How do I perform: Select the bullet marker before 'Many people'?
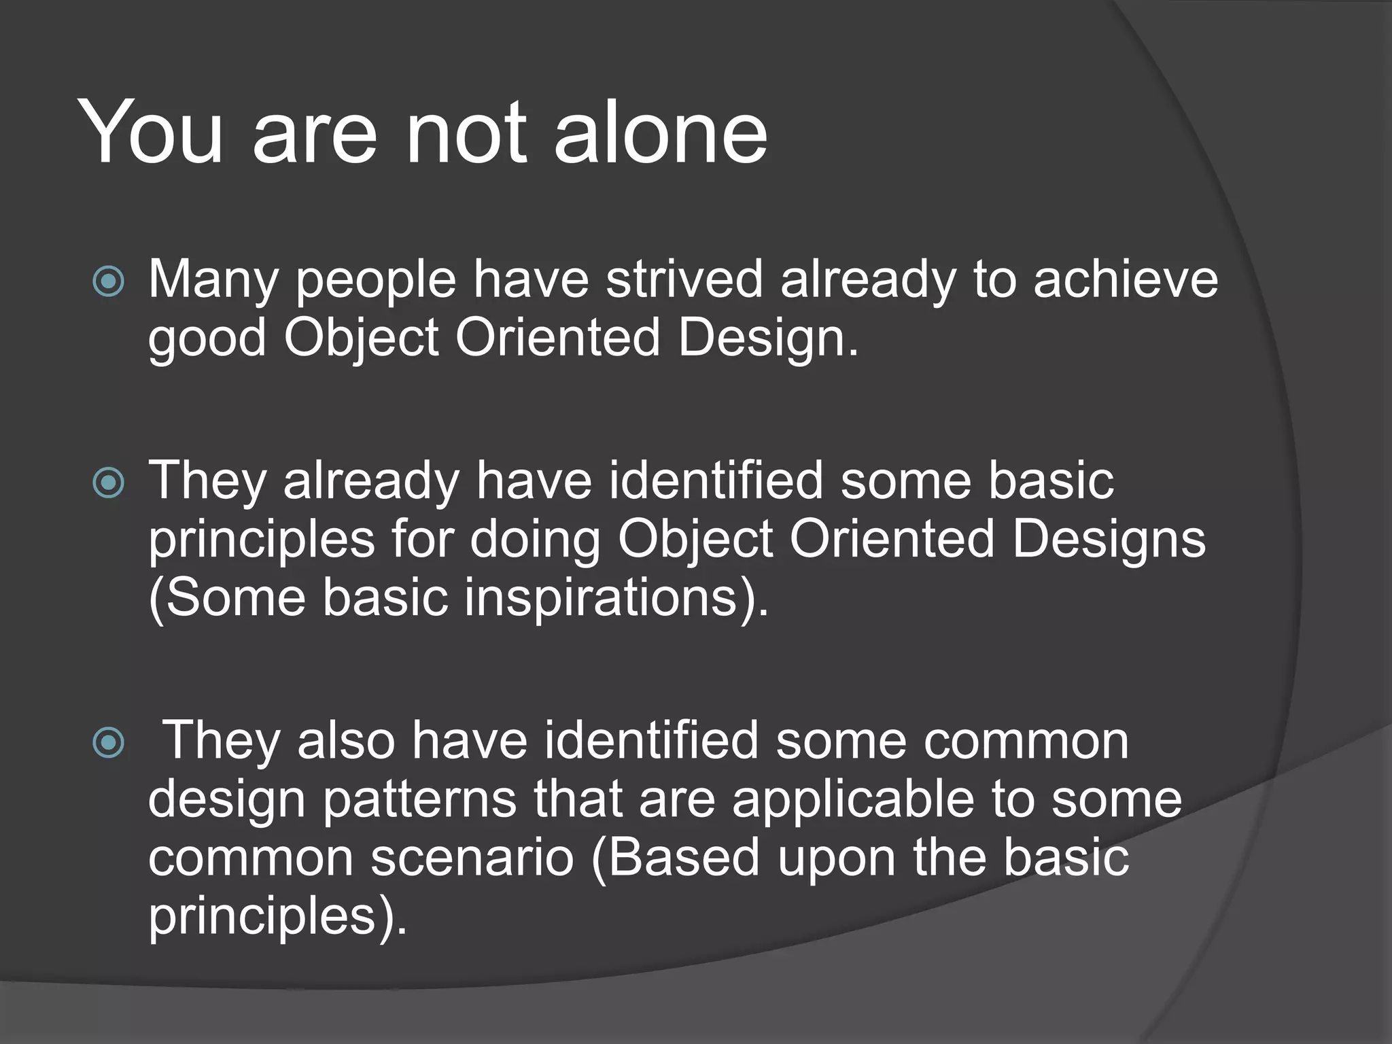[109, 281]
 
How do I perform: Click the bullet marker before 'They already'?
[109, 483]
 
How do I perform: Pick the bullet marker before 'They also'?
[109, 743]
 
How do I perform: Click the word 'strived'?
[684, 279]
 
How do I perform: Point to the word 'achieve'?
[1126, 279]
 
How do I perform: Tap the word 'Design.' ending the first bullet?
[769, 338]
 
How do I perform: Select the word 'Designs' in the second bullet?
[1109, 540]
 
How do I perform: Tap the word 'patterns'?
[419, 799]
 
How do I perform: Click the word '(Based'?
[676, 858]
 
